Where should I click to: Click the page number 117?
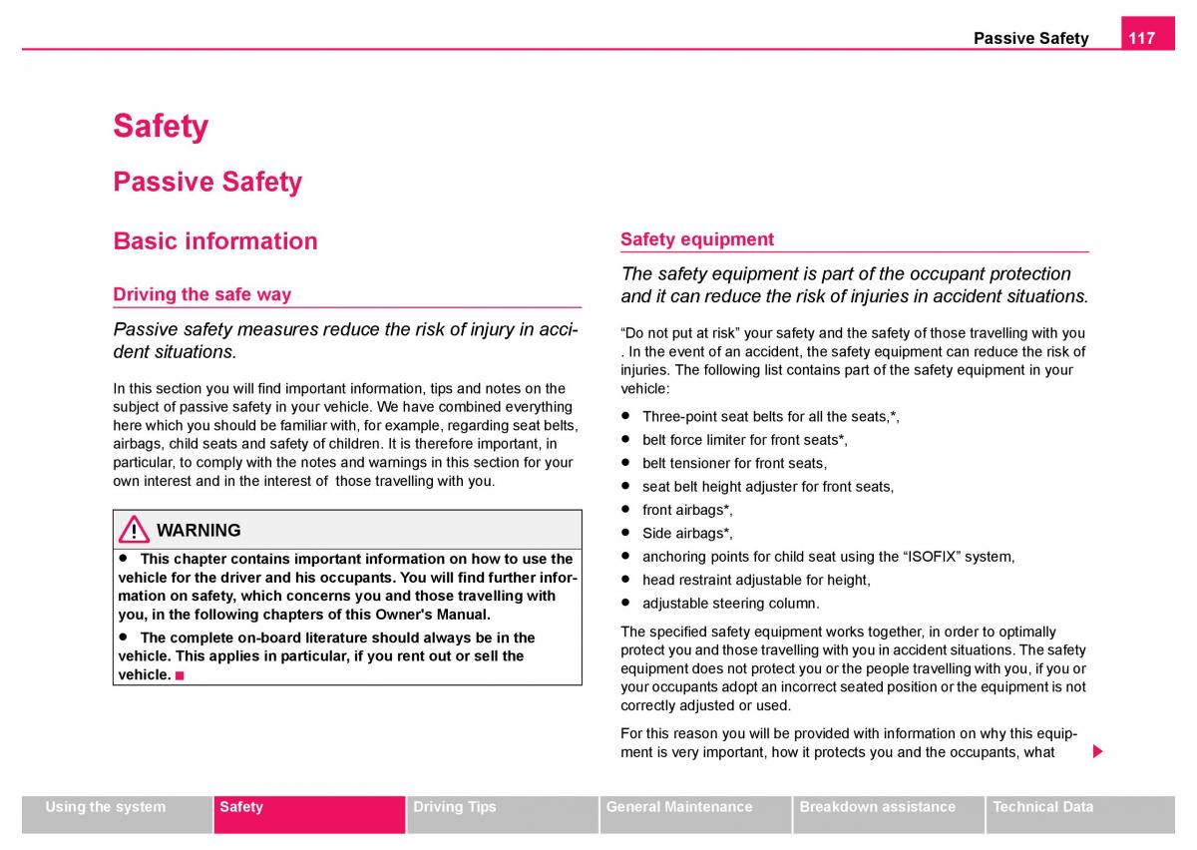point(1142,38)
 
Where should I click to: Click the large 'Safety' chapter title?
point(161,127)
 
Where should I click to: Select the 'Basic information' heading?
point(215,240)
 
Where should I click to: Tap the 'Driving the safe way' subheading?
point(202,294)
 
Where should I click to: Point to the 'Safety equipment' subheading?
point(697,239)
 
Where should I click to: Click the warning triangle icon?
point(133,531)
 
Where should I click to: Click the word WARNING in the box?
point(199,531)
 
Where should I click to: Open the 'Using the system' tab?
point(106,807)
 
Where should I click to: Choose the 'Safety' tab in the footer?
point(241,807)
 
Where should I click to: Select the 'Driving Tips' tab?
point(454,807)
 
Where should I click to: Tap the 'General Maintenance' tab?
point(679,807)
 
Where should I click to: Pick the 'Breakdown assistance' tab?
point(877,807)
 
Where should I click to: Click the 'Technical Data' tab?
point(1042,807)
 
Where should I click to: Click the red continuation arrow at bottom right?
point(1097,751)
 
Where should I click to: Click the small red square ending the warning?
point(180,675)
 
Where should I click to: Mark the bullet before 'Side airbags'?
point(625,533)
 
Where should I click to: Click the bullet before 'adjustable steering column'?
point(625,603)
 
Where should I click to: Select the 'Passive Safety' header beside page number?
point(1030,39)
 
